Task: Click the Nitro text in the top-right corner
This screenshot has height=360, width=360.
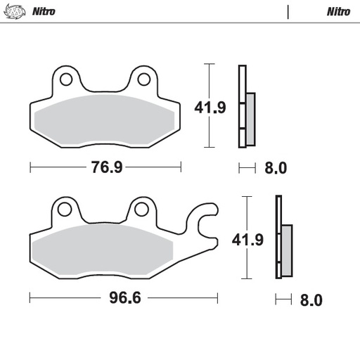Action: pyautogui.click(x=338, y=12)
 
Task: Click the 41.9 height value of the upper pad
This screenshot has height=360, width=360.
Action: pyautogui.click(x=210, y=108)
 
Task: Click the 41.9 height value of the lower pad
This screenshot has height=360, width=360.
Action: pyautogui.click(x=248, y=240)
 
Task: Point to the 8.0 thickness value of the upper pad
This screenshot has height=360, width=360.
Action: pyautogui.click(x=276, y=168)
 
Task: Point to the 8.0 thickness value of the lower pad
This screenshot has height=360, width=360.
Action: pyautogui.click(x=310, y=300)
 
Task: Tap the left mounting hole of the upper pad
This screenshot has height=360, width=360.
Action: pyautogui.click(x=65, y=77)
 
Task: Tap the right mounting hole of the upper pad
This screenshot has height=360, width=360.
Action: pyautogui.click(x=143, y=77)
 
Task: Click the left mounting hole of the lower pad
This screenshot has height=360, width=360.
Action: pyautogui.click(x=65, y=209)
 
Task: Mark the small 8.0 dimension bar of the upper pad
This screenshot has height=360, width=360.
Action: pyautogui.click(x=247, y=168)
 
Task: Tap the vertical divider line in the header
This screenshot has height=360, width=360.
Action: pyautogui.click(x=288, y=12)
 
